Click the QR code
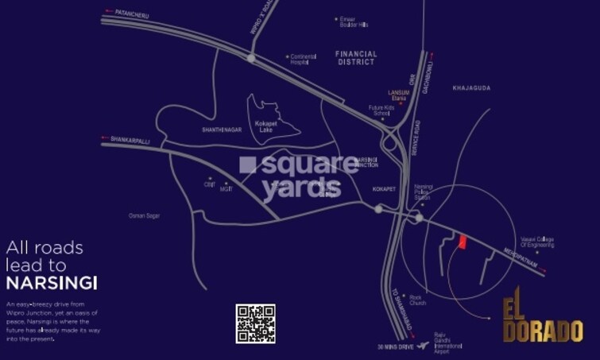[x=255, y=323]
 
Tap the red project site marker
[x=462, y=242]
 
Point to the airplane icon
[x=422, y=346]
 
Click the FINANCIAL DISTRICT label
[x=356, y=58]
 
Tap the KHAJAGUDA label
[x=471, y=87]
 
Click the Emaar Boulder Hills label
[x=354, y=21]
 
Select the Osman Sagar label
[x=144, y=215]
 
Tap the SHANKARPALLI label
[x=130, y=138]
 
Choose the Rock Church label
[x=419, y=300]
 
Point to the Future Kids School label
[x=380, y=110]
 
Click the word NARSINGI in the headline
[x=51, y=283]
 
